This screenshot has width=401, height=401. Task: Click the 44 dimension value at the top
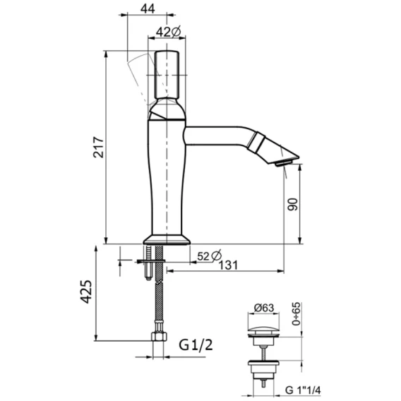click(148, 9)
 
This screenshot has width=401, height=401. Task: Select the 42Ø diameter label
click(168, 32)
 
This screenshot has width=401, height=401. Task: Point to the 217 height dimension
click(98, 147)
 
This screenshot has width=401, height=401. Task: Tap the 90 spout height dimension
click(293, 204)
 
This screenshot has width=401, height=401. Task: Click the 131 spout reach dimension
click(228, 265)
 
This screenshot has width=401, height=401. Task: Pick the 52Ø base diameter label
click(210, 256)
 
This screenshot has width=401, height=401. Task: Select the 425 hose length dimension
click(86, 292)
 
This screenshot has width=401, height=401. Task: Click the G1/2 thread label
click(196, 345)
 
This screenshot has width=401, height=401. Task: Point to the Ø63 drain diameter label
click(264, 308)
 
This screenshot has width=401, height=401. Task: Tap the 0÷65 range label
click(296, 313)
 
